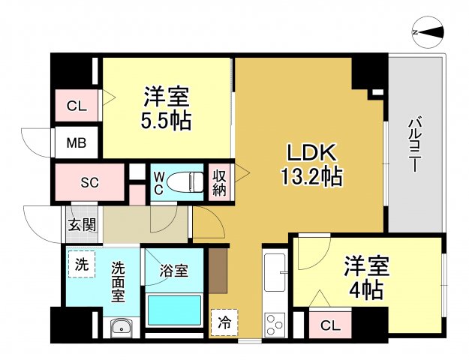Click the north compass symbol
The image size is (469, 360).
point(429,32)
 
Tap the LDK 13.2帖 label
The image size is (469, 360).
point(313,164)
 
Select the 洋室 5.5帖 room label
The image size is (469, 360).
point(167,108)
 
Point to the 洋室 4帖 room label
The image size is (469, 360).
point(365,277)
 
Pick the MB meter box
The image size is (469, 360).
point(77,142)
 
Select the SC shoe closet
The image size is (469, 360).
point(89,182)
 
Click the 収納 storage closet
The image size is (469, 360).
point(219,181)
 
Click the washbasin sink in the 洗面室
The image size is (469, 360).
point(120,327)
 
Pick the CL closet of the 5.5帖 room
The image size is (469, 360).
point(77,106)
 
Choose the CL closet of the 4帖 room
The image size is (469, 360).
point(329,325)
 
